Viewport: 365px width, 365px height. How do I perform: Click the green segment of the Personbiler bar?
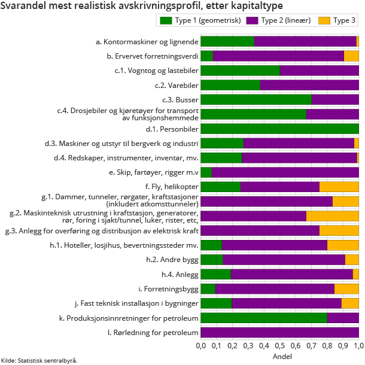pos(279,129)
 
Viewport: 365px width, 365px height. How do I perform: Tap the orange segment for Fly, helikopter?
pos(339,187)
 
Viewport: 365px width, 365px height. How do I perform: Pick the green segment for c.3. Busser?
pos(256,99)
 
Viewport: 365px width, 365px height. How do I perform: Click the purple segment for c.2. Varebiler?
pos(309,85)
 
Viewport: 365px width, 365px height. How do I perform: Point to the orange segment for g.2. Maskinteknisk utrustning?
pos(332,216)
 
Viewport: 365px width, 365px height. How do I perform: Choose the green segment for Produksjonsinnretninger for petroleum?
pos(264,318)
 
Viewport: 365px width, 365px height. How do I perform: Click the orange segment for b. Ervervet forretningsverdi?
pos(351,56)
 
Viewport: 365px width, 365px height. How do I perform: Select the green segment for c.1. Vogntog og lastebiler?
pos(240,71)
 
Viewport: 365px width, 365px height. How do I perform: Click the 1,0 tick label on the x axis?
pos(358,346)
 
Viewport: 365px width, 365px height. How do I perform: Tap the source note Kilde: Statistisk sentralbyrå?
pos(39,360)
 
